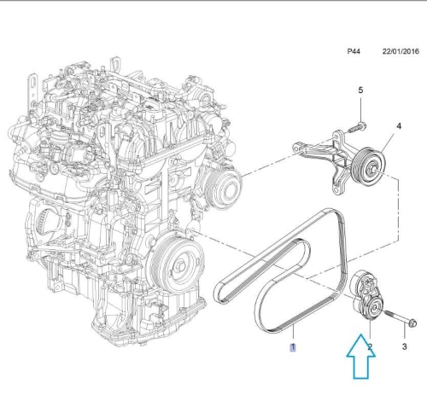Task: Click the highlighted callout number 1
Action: click(x=292, y=347)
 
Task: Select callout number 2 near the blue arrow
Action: click(x=369, y=347)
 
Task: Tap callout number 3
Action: click(x=405, y=347)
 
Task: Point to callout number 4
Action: click(x=397, y=127)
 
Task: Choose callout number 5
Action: click(x=360, y=90)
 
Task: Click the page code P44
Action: click(x=354, y=52)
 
